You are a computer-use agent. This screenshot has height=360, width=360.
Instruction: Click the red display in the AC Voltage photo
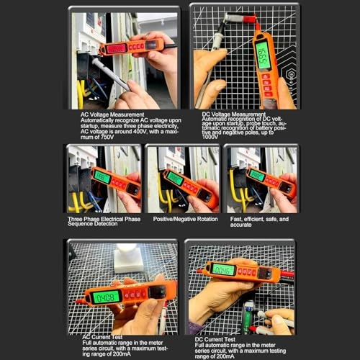116,48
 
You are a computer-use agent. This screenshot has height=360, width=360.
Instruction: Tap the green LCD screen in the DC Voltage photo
264,55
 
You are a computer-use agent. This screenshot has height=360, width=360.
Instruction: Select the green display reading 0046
224,270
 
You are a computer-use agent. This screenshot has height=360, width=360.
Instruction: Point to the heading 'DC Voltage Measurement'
230,114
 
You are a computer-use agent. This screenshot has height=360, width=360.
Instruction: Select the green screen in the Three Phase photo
102,176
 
